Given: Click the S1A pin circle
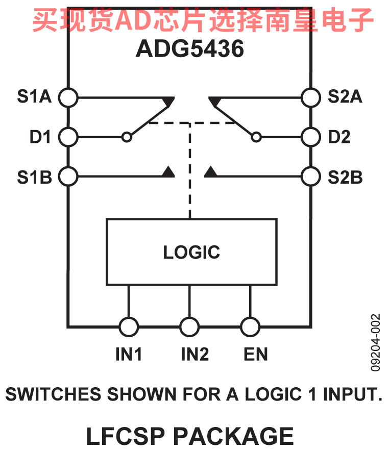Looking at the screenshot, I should point(68,96).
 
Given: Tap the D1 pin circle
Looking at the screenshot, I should point(68,137).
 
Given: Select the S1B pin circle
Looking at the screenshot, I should point(68,177).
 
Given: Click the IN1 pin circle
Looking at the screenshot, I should point(128,326).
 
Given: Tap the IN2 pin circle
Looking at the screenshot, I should point(189,326).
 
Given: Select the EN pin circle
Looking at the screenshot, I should point(250,326).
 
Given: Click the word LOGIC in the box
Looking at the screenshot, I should point(191,252).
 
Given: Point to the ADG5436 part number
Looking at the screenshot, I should point(189,49).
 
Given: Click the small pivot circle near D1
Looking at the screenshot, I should point(127,137).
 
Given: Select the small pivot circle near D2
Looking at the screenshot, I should point(256,137).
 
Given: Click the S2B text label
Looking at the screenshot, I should point(345,177).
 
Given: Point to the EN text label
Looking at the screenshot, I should point(256,354).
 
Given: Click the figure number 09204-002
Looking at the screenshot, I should point(376,342).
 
